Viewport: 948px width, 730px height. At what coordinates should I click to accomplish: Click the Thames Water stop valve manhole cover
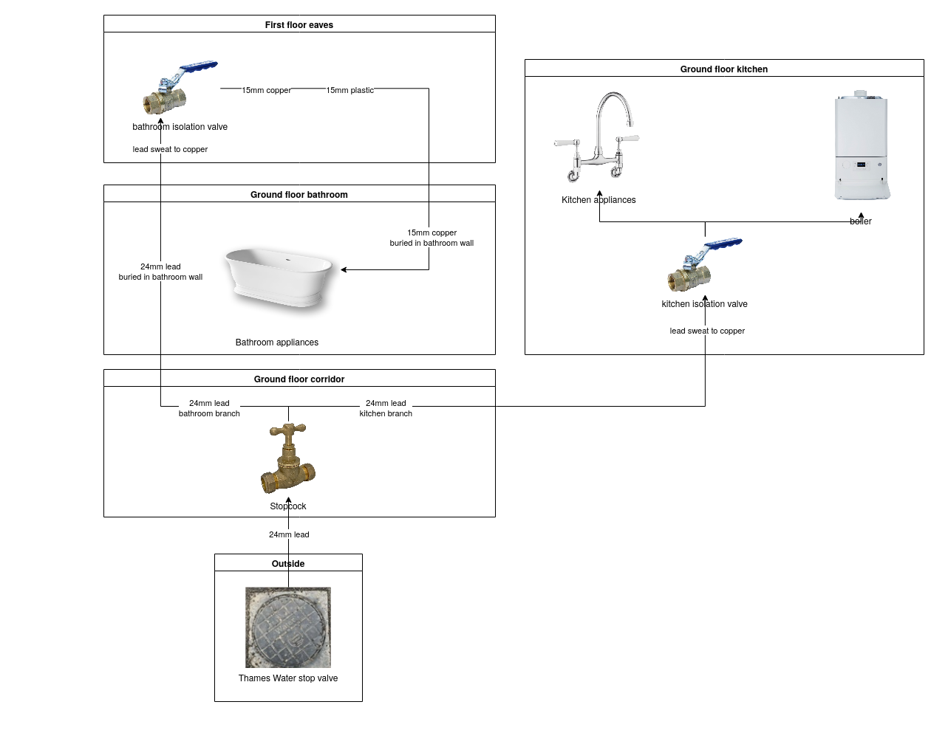288,627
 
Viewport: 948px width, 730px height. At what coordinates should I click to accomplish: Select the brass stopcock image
288,459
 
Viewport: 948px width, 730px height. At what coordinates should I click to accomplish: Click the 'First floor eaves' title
299,25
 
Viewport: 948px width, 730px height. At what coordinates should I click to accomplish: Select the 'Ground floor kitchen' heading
724,69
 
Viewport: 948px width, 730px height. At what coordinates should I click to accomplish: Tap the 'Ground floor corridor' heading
299,379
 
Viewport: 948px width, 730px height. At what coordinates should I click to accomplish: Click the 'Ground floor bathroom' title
299,195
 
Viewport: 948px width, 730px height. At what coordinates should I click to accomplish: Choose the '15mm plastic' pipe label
350,91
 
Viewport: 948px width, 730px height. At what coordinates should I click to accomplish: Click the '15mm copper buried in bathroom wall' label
432,238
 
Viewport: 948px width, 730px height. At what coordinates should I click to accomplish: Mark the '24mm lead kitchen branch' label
386,408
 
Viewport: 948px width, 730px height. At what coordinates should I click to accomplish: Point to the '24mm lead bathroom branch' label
209,408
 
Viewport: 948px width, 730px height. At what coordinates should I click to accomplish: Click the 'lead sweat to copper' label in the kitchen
707,331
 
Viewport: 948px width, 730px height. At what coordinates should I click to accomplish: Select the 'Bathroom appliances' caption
277,342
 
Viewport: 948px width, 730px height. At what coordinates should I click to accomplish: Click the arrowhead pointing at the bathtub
344,270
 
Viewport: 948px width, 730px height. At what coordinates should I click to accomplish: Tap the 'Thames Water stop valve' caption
288,678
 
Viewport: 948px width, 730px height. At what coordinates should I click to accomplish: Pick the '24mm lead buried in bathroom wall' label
160,272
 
